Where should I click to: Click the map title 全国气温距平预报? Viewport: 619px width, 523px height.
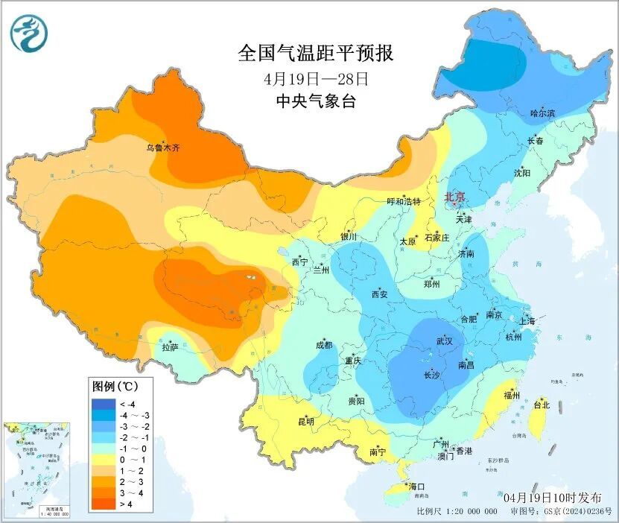click(315, 54)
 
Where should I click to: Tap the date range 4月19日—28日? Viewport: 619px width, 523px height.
click(315, 78)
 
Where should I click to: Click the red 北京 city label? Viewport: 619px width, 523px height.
click(454, 197)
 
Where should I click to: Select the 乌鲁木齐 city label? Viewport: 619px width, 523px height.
click(162, 148)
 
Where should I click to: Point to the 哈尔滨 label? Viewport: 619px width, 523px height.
click(542, 113)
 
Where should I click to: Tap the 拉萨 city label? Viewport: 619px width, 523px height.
click(170, 347)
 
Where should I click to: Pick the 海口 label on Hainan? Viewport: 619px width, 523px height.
click(417, 486)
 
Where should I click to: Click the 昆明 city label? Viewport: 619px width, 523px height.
click(306, 422)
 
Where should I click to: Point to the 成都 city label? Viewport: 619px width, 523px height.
click(324, 345)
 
